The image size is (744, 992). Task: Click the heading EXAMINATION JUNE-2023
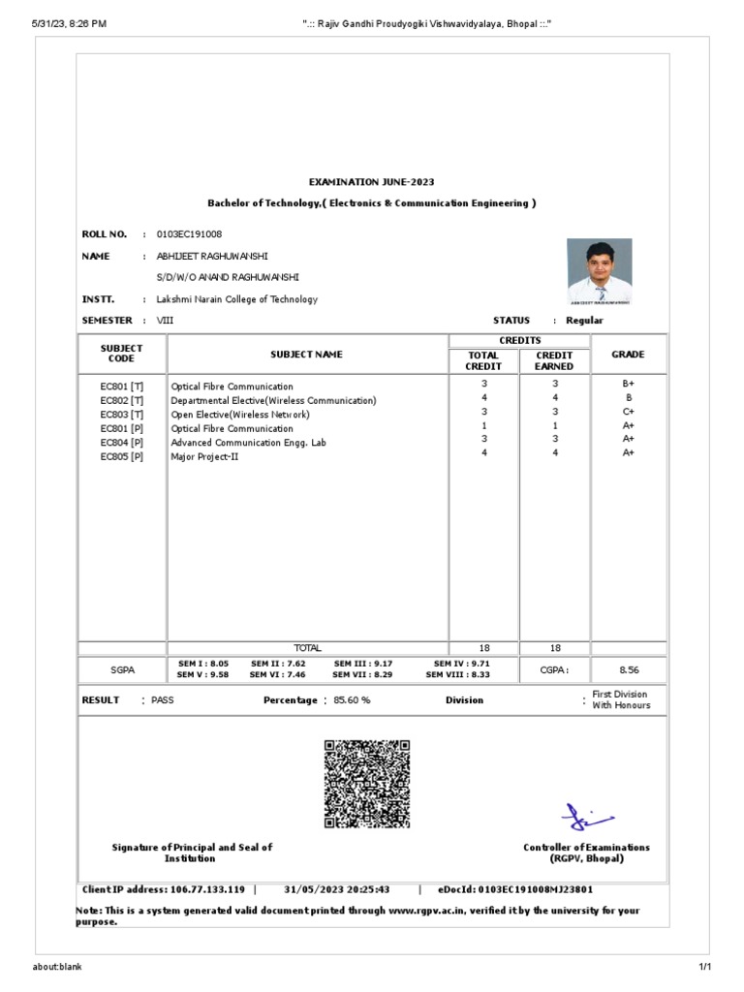[x=371, y=182]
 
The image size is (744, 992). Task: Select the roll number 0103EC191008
[x=189, y=234]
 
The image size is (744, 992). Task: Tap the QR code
[x=366, y=784]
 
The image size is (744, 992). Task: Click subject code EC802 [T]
[x=122, y=400]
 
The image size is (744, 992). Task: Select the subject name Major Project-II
[x=204, y=456]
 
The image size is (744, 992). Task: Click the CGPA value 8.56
[x=629, y=669]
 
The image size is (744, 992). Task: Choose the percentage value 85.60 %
[x=352, y=700]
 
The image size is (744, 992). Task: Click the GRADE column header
[x=628, y=355]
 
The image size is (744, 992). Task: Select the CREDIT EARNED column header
[x=554, y=360]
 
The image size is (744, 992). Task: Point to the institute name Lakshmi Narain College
[x=236, y=299]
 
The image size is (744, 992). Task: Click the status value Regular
[x=584, y=321]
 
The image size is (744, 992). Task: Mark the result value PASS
[x=163, y=700]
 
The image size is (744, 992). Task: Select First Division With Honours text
[x=621, y=699]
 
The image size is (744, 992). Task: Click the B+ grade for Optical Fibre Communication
[x=628, y=385]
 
